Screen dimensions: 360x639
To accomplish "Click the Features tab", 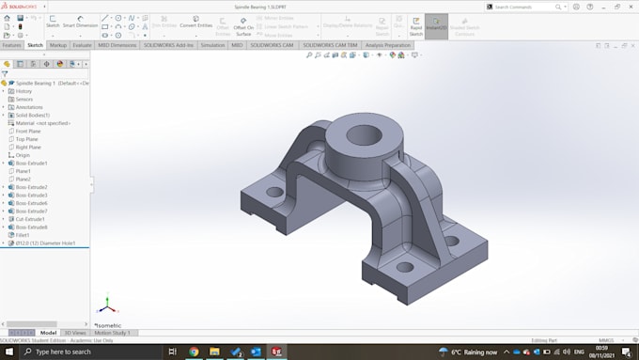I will click(11, 45).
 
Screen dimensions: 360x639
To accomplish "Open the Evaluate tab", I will click(83, 45).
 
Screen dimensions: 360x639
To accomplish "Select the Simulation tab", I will click(212, 45).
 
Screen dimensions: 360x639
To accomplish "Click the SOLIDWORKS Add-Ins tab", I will click(168, 45).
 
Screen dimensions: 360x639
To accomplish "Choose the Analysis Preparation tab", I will click(387, 45).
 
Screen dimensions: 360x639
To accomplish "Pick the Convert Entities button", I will click(196, 25).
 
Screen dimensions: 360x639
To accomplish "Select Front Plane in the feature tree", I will click(28, 131).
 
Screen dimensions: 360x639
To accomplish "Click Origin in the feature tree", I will click(23, 155).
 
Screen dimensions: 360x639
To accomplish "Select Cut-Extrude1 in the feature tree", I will click(31, 219).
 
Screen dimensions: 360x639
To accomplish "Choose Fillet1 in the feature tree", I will click(23, 235).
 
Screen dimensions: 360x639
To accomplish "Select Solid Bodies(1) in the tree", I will click(33, 115).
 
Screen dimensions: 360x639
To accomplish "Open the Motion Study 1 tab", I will click(112, 333).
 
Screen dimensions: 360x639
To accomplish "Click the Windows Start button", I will click(8, 352).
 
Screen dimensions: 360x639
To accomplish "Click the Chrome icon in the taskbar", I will click(194, 352).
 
